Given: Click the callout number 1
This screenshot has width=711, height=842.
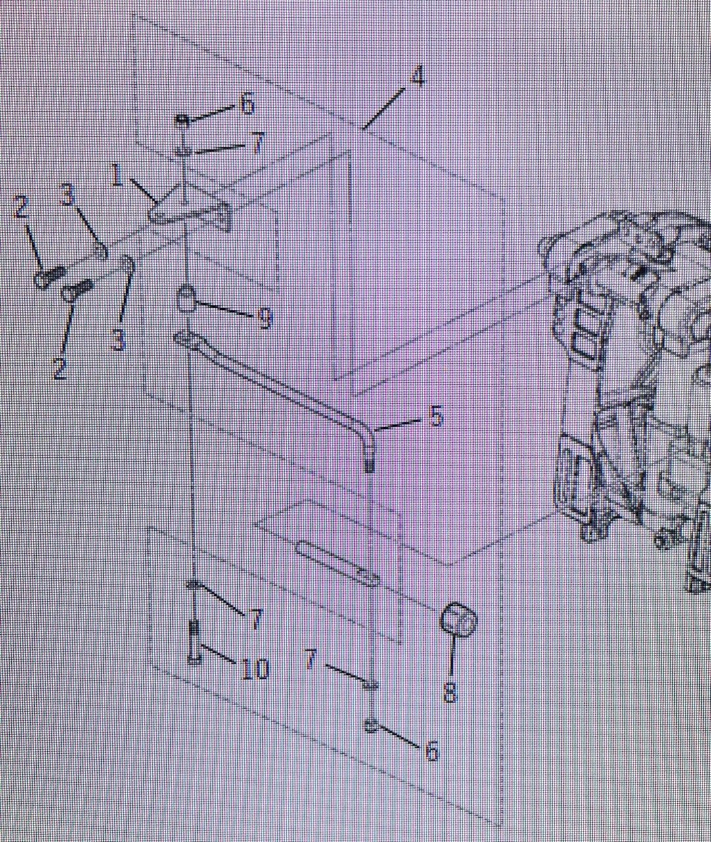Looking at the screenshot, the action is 118,176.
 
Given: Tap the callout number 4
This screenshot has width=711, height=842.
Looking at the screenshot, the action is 417,76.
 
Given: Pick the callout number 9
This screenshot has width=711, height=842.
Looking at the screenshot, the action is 264,318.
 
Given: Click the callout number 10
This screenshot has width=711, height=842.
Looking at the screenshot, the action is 255,668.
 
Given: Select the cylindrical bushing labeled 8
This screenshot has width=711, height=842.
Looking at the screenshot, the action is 457,621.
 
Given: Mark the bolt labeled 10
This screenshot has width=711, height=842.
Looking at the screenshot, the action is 195,642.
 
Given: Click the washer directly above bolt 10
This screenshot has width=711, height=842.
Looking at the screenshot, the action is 195,585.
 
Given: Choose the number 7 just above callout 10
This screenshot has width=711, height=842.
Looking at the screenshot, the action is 255,620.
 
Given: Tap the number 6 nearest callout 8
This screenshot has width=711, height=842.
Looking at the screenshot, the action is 432,750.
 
